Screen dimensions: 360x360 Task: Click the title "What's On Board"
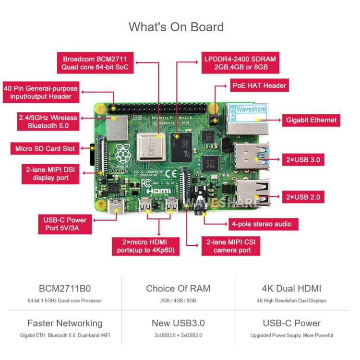(176, 27)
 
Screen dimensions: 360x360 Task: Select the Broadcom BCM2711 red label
(95, 63)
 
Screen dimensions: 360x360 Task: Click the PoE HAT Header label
(259, 86)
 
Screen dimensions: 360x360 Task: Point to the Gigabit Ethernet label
(312, 120)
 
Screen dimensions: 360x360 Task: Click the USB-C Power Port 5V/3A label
(65, 224)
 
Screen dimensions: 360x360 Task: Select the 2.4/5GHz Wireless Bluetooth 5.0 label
(48, 121)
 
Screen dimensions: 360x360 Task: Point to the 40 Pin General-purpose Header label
(41, 92)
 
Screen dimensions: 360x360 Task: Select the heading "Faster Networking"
(65, 323)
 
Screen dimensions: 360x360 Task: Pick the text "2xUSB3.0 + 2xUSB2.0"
(178, 336)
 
